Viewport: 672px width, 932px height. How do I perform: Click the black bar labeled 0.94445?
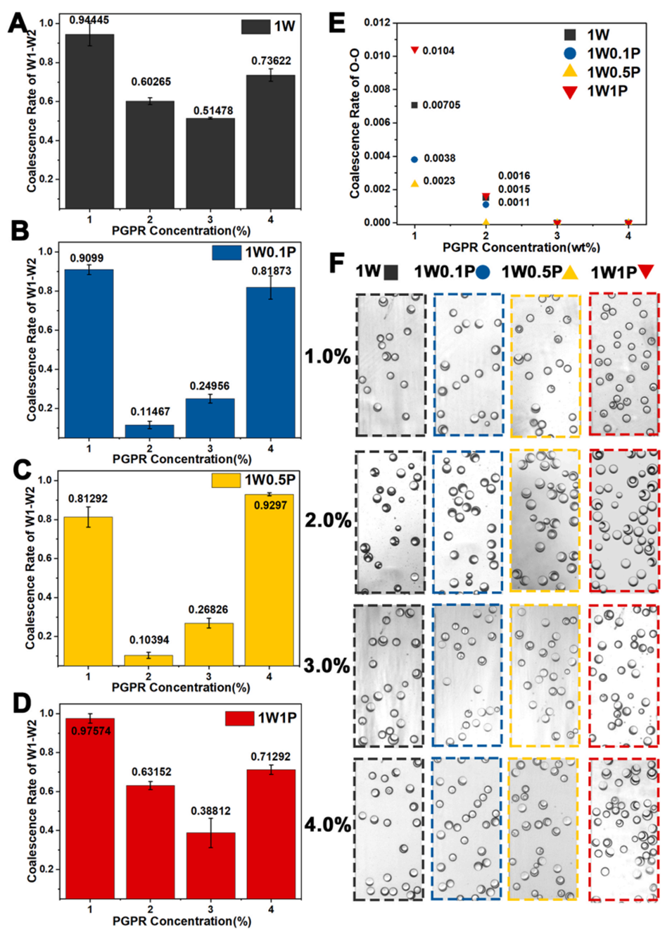pyautogui.click(x=89, y=120)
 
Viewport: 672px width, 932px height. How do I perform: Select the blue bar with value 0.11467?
pyautogui.click(x=149, y=430)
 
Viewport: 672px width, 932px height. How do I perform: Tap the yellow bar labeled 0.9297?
pyautogui.click(x=270, y=581)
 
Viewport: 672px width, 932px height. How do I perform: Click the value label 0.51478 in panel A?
pyautogui.click(x=213, y=111)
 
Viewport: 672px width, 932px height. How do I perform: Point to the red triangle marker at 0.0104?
pyautogui.click(x=414, y=50)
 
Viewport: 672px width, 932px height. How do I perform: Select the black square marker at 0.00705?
pyautogui.click(x=414, y=105)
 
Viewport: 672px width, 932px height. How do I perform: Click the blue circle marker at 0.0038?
pyautogui.click(x=414, y=159)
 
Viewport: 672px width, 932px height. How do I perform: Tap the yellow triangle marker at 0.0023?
pyautogui.click(x=414, y=183)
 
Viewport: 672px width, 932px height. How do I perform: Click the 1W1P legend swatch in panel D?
pyautogui.click(x=239, y=718)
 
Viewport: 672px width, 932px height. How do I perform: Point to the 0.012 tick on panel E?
pyautogui.click(x=376, y=23)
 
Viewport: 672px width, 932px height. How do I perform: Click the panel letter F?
pyautogui.click(x=337, y=263)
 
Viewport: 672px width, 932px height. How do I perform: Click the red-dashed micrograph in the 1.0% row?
pyautogui.click(x=624, y=364)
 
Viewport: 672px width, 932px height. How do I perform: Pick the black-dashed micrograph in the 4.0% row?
pyautogui.click(x=388, y=828)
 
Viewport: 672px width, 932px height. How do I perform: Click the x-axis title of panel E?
pyautogui.click(x=521, y=247)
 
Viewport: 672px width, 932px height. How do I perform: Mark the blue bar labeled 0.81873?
pyautogui.click(x=270, y=362)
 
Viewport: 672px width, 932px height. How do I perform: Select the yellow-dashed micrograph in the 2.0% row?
pyautogui.click(x=545, y=521)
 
